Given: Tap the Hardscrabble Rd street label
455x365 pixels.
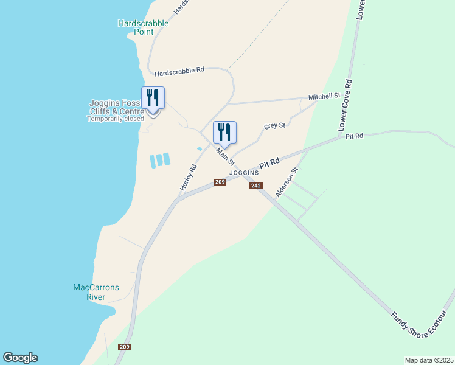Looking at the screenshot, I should pos(179,72).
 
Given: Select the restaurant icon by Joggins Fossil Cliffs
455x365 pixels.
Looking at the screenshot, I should pos(153,98).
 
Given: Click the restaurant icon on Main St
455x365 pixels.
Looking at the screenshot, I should pos(224,132).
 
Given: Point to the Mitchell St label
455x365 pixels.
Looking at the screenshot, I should pos(324,97).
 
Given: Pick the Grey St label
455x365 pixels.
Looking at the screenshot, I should pos(274,126).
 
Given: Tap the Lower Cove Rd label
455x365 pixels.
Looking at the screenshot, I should pos(345,104).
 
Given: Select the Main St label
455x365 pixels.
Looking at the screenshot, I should pos(224,156).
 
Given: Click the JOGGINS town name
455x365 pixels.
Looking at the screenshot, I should pos(244,173).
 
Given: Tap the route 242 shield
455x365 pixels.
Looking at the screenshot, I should pos(255,186).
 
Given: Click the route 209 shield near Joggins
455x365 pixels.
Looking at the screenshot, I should pos(220,182).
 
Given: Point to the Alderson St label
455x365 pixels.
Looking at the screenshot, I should pos(287,182).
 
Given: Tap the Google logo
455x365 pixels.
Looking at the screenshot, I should pos(20,358).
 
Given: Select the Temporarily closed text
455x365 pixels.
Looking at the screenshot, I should pos(115,119).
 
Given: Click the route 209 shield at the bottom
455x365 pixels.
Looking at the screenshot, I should pos(125,347).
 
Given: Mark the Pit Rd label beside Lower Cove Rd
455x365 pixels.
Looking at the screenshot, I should pos(353,136).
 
